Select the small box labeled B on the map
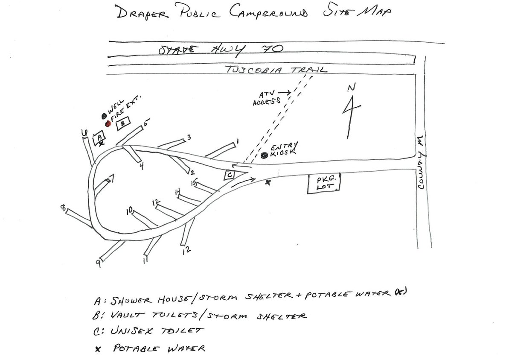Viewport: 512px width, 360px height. [x=123, y=123]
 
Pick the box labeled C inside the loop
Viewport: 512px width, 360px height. [x=230, y=174]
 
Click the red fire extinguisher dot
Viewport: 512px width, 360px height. [x=108, y=123]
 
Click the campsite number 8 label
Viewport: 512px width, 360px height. [x=64, y=208]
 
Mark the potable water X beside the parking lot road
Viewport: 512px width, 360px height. [x=268, y=182]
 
